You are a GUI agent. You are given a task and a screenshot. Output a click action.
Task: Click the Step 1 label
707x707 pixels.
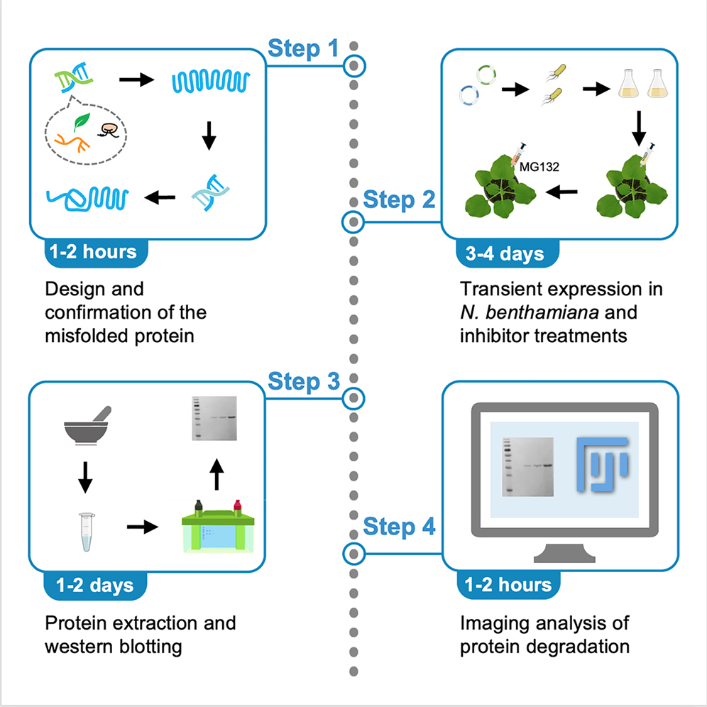(x=303, y=49)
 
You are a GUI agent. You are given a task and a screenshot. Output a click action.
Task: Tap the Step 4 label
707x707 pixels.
(x=399, y=527)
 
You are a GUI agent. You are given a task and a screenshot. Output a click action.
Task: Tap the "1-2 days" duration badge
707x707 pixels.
(x=94, y=585)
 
